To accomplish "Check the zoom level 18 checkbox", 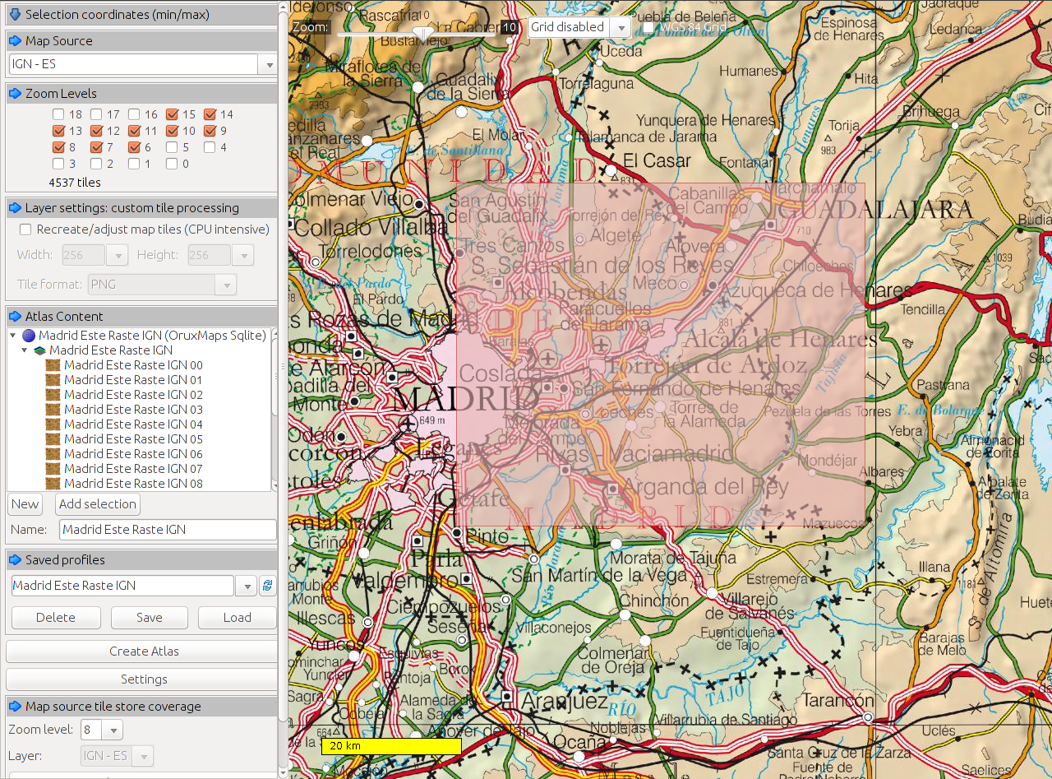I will click(x=58, y=114).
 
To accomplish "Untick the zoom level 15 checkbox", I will click(x=172, y=114).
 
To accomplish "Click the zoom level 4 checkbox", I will click(x=210, y=147).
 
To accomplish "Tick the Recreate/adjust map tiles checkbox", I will click(x=25, y=230).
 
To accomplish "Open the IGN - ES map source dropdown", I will click(x=267, y=64).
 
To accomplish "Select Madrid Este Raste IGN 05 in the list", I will click(x=133, y=438).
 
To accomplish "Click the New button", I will click(x=25, y=504).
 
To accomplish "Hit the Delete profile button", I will click(x=56, y=618).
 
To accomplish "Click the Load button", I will click(x=237, y=618).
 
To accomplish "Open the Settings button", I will click(x=144, y=679).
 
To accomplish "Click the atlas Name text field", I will click(x=168, y=530).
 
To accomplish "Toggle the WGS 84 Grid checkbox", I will click(x=648, y=27).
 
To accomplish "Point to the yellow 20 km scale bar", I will click(x=391, y=746).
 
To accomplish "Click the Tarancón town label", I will click(x=833, y=702).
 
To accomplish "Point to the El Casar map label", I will click(x=657, y=160).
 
